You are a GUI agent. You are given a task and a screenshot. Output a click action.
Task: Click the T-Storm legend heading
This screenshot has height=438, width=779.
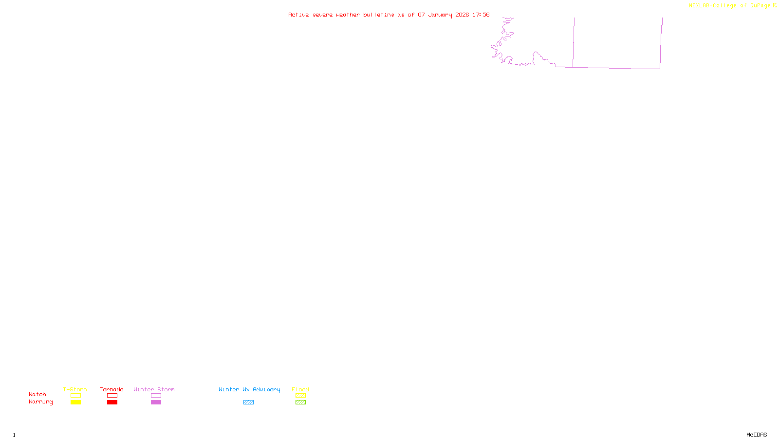pos(75,389)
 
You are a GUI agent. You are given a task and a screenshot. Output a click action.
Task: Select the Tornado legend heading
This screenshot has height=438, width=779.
pos(111,389)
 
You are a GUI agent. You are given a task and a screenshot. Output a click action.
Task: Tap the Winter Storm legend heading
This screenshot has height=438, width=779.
pos(154,389)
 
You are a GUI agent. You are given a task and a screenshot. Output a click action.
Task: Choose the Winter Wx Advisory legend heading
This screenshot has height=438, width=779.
pos(249,389)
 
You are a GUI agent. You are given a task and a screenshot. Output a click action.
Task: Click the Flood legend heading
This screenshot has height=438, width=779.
pos(300,389)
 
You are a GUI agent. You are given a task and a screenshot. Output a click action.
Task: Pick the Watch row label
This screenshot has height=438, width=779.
pos(37,394)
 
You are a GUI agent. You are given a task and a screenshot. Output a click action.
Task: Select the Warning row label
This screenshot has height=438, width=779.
pos(40,402)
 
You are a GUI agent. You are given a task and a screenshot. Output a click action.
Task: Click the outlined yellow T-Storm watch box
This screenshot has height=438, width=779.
pos(75,396)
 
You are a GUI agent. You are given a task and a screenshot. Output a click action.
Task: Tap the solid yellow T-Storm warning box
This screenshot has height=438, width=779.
pos(75,402)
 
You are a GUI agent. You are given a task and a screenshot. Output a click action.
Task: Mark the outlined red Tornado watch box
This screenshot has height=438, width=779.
pos(112,396)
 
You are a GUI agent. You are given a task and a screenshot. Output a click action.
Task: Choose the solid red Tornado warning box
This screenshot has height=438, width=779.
pos(112,402)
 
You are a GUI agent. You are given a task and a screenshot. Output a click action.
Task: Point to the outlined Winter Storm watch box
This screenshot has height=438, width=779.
pos(156,396)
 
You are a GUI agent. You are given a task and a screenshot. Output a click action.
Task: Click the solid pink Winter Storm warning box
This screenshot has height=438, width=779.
pos(156,402)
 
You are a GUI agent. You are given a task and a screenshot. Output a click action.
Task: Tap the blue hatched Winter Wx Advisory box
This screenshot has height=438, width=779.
pos(248,402)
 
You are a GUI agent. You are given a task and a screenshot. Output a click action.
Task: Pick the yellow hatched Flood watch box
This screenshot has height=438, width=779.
pos(300,396)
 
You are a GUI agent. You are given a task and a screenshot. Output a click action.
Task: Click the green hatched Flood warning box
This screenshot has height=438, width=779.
pos(300,402)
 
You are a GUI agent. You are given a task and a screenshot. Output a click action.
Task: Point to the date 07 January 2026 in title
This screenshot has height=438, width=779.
pos(443,15)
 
